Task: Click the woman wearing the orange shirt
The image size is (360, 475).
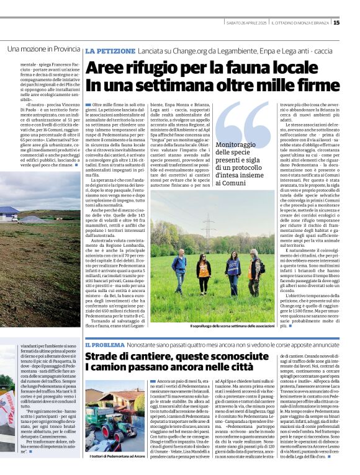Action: pos(204,276)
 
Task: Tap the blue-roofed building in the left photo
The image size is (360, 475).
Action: pos(9,213)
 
